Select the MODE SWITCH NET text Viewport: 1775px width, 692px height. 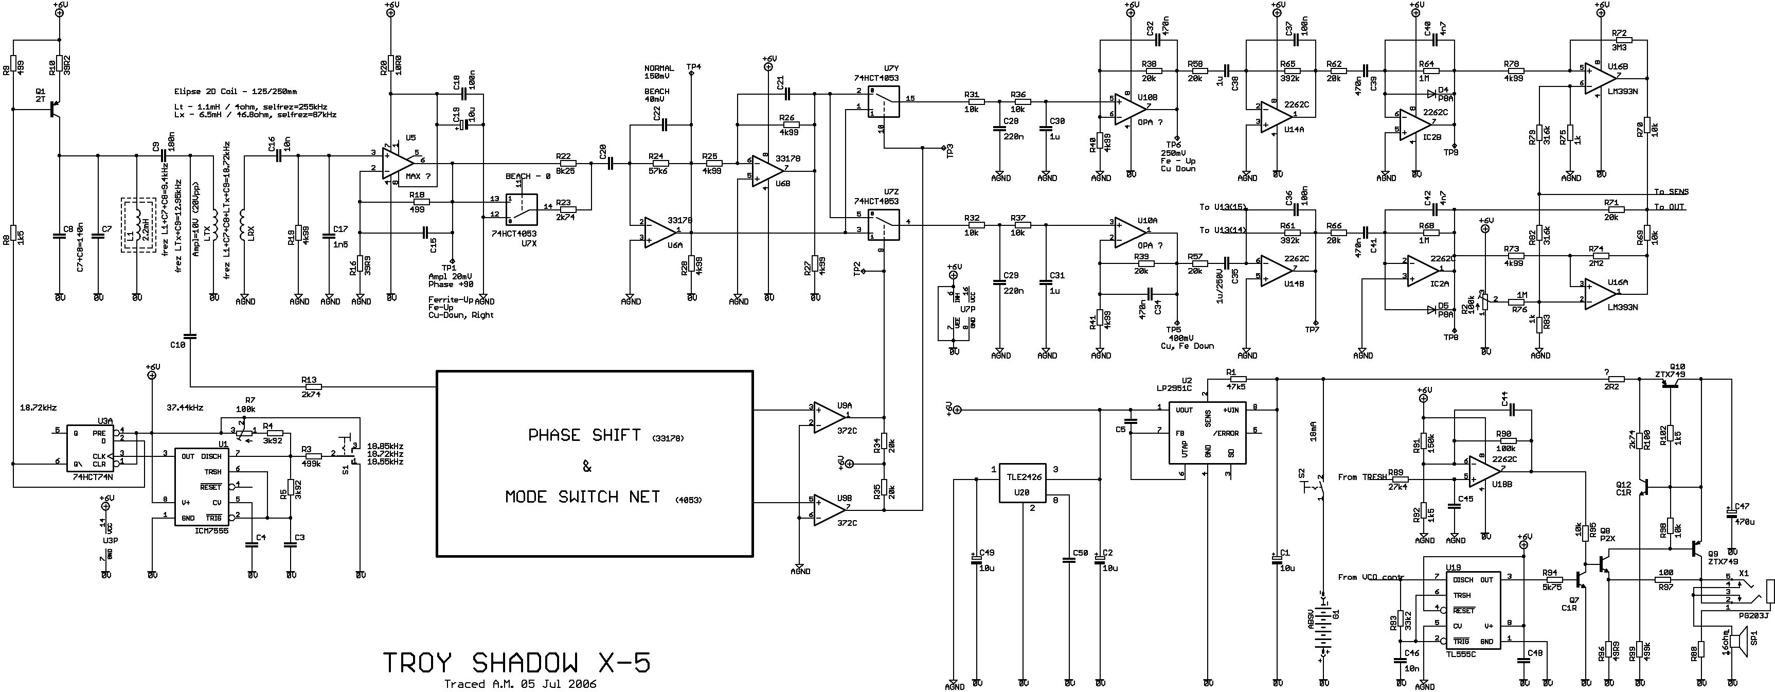(583, 497)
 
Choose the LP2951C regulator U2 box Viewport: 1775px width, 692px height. (1207, 433)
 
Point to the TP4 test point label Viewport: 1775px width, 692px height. (693, 67)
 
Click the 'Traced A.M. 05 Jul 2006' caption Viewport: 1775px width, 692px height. (520, 684)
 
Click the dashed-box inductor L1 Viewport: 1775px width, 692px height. (138, 225)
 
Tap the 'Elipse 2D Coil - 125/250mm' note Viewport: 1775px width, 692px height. (236, 91)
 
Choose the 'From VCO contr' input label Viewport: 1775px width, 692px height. (1371, 577)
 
